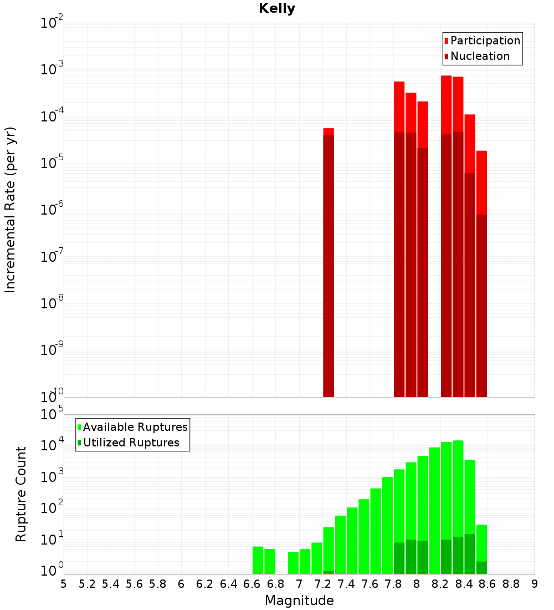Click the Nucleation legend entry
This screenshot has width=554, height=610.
click(x=479, y=56)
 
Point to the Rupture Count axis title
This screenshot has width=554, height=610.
click(x=21, y=494)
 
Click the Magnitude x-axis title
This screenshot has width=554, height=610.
click(x=299, y=601)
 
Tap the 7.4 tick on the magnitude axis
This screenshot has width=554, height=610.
click(x=346, y=584)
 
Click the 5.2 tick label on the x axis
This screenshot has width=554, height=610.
click(x=87, y=584)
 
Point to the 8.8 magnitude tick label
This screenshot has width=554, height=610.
click(x=511, y=584)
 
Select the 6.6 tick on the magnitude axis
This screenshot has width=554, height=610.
click(x=252, y=584)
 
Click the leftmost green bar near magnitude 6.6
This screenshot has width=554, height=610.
click(x=258, y=560)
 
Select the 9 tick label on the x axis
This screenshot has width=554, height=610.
click(x=535, y=584)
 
